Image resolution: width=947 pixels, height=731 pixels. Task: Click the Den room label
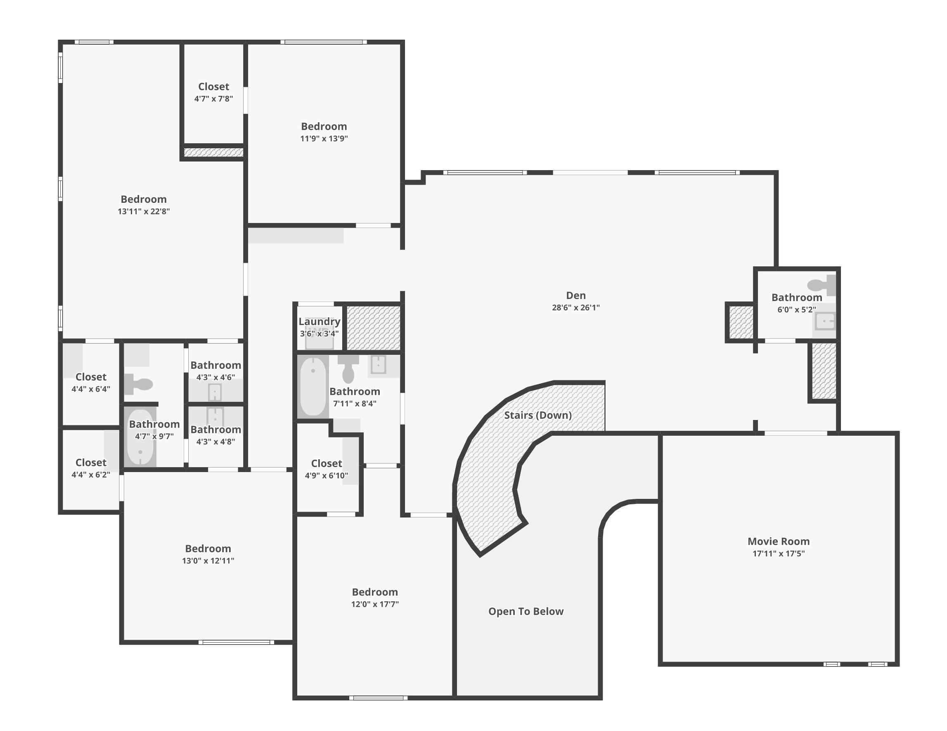click(x=575, y=295)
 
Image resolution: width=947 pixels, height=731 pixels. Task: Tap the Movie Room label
click(x=778, y=541)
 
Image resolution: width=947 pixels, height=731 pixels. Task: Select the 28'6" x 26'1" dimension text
click(x=575, y=308)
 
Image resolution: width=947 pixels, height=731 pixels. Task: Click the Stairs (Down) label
click(x=537, y=415)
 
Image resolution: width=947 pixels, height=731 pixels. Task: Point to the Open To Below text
click(x=526, y=611)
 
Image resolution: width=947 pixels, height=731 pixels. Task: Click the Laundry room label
click(x=319, y=321)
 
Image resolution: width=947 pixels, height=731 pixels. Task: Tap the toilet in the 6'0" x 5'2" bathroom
click(x=821, y=285)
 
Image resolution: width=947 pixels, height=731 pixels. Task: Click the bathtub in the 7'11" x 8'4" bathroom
click(x=313, y=386)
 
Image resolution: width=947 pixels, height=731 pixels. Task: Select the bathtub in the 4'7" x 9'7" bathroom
click(x=140, y=437)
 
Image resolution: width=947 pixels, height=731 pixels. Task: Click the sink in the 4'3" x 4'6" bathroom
click(x=215, y=393)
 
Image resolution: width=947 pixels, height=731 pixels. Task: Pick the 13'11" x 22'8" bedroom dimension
click(x=144, y=211)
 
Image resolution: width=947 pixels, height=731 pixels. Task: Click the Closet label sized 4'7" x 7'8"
click(x=213, y=87)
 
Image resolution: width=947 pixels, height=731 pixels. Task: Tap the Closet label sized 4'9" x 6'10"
click(x=327, y=463)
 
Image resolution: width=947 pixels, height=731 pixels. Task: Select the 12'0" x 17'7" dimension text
click(x=375, y=604)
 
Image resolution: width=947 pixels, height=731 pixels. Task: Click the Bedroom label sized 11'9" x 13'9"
click(x=324, y=126)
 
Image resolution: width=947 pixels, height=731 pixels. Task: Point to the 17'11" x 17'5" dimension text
click(x=778, y=553)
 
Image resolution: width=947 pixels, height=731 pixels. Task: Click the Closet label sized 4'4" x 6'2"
click(x=91, y=463)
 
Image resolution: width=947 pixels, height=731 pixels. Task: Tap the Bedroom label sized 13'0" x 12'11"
click(x=208, y=548)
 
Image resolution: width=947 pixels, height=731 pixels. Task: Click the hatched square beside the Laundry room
click(x=373, y=328)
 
